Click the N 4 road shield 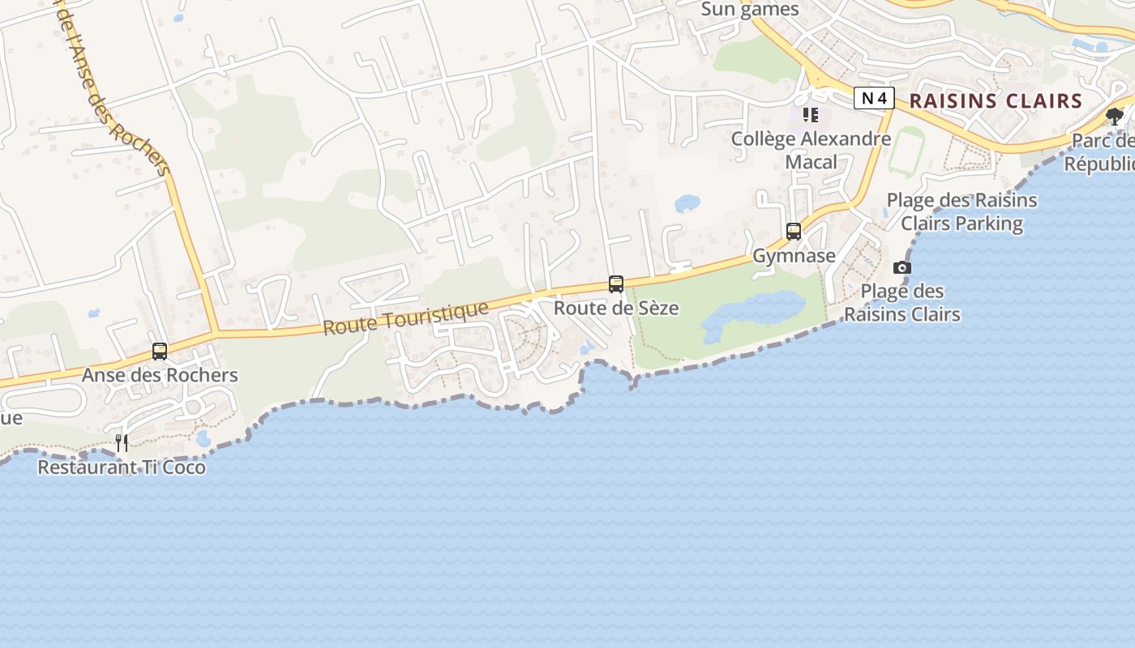(874, 99)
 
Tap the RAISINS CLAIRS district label (996, 101)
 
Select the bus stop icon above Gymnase (794, 232)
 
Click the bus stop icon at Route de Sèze (616, 284)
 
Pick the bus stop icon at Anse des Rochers (160, 352)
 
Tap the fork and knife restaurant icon (122, 442)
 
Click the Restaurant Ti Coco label (122, 467)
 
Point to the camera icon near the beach (902, 267)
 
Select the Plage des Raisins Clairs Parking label (962, 211)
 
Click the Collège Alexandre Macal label (811, 150)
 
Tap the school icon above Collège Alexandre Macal (811, 115)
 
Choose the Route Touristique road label (406, 318)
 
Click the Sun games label (750, 10)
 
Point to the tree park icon (1115, 117)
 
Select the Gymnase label (794, 256)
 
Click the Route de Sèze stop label (616, 309)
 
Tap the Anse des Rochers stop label (160, 375)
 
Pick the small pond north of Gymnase (687, 202)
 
